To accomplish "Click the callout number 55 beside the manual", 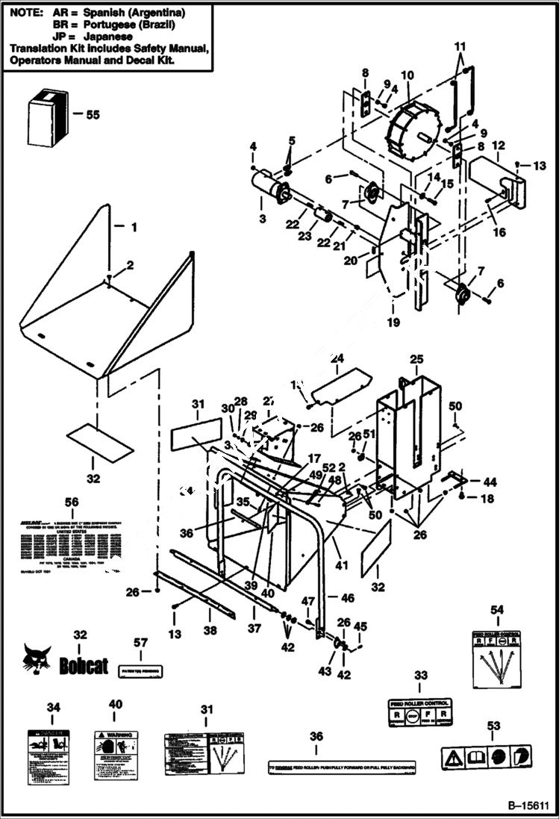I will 93,115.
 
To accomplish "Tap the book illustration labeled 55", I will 48,116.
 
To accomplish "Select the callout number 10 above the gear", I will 407,75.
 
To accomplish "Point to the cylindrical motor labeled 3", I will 270,186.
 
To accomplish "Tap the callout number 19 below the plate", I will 393,323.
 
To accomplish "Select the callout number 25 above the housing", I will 416,359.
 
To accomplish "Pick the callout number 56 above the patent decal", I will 72,501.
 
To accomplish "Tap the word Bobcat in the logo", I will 84,666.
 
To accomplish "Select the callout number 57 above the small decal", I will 141,642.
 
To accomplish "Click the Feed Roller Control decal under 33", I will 420,714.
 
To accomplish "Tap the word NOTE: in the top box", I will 27,13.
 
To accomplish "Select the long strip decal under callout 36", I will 342,767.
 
